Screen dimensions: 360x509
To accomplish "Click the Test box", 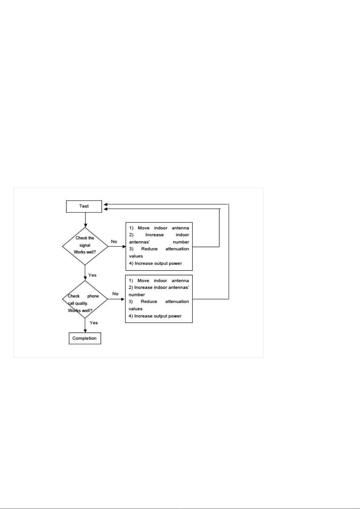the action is tap(84, 206).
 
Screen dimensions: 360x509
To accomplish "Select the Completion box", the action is tap(85, 338).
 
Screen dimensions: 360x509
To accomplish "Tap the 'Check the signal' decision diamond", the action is tap(85, 246).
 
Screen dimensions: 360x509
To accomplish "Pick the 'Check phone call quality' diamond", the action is tap(85, 299).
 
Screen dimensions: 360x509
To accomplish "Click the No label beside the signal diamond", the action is tap(114, 242).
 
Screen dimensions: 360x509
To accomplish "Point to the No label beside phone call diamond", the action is tap(115, 294).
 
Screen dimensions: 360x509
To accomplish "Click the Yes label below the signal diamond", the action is tap(92, 275).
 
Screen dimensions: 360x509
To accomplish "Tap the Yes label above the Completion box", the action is tap(94, 323).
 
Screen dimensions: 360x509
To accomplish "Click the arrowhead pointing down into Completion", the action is tap(85, 330).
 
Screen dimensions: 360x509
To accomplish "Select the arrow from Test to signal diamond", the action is tap(85, 220).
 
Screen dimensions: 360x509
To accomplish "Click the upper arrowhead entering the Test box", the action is tap(105, 204).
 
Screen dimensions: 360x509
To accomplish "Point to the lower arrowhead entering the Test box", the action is tap(105, 209).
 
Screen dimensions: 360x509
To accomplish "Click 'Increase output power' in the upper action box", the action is tap(158, 263).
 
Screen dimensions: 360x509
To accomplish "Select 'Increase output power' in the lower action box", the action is tap(158, 316).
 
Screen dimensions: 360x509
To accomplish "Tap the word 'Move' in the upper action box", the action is tap(144, 228).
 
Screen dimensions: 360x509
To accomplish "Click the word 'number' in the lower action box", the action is tap(137, 295).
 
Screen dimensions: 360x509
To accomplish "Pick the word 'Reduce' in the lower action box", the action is tap(149, 301).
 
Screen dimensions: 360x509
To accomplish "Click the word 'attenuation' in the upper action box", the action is tap(177, 249).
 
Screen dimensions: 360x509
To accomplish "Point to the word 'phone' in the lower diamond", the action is tap(93, 296).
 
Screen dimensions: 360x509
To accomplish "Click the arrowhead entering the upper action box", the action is tap(124, 246).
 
